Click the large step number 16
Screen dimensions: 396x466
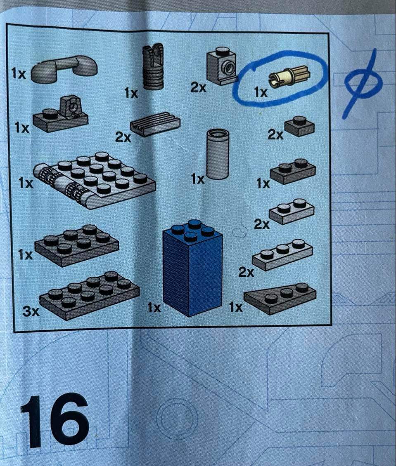coord(55,421)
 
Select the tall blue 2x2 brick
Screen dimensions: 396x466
coord(192,268)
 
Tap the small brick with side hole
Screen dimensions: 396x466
coord(222,66)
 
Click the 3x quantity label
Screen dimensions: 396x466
coord(31,311)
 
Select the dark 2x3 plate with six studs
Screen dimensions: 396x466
coord(77,245)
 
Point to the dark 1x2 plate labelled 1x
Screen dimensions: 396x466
coord(293,171)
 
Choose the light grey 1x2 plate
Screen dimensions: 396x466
coord(292,212)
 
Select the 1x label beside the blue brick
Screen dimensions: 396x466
coord(154,308)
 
